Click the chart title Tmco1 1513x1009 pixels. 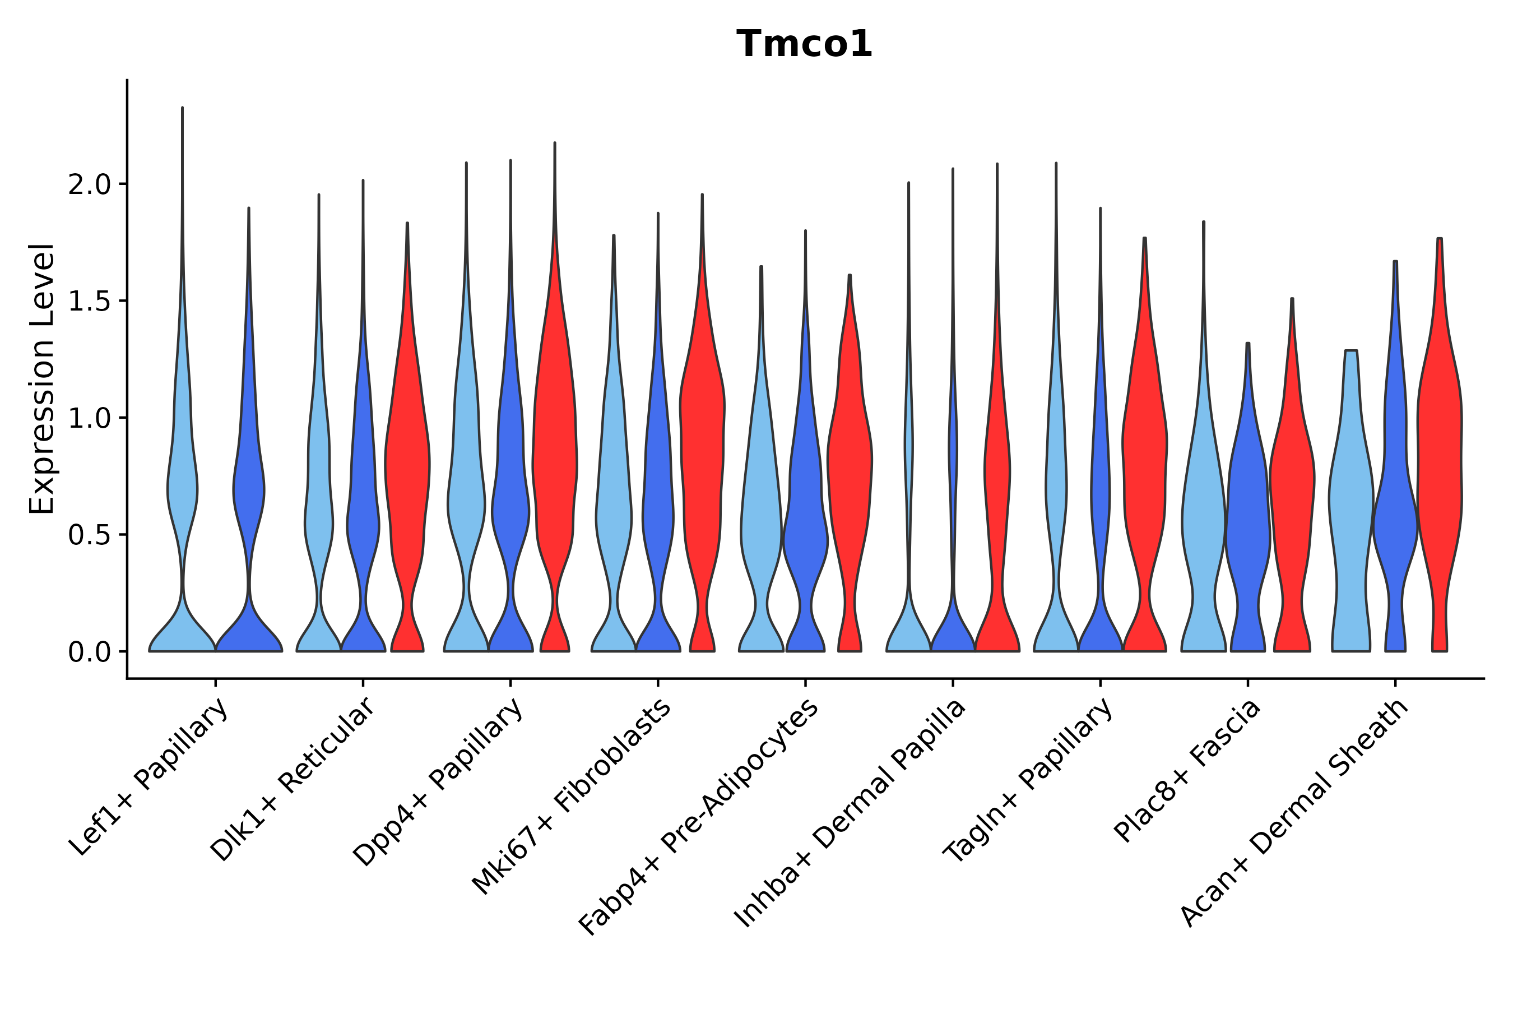click(x=804, y=44)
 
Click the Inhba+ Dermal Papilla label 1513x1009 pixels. click(x=851, y=813)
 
